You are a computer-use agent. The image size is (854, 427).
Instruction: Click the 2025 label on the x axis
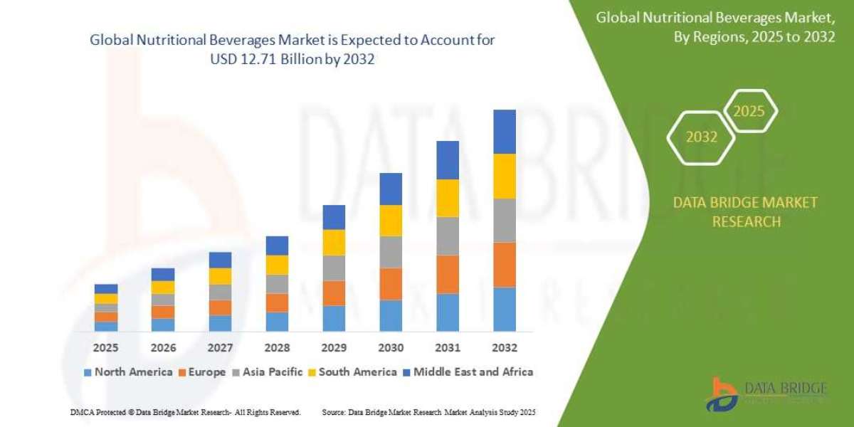click(106, 348)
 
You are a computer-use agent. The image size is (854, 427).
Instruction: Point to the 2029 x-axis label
click(334, 348)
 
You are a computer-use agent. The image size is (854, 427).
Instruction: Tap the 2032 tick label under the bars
click(505, 348)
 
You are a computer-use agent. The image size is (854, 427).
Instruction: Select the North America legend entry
click(128, 371)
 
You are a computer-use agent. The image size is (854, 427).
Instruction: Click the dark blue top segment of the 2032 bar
click(505, 132)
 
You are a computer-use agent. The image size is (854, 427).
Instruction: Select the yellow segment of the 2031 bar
click(448, 198)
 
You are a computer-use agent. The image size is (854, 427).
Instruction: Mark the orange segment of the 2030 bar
click(391, 284)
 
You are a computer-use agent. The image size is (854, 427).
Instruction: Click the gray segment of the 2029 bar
click(334, 268)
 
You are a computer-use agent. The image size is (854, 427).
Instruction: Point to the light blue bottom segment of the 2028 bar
click(277, 322)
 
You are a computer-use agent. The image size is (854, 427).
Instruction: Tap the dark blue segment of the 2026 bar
click(163, 274)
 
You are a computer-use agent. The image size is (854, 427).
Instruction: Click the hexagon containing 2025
click(749, 112)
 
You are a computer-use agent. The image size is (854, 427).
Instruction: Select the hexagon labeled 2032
click(702, 137)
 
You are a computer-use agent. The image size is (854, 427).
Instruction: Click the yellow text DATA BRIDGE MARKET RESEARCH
click(746, 212)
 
